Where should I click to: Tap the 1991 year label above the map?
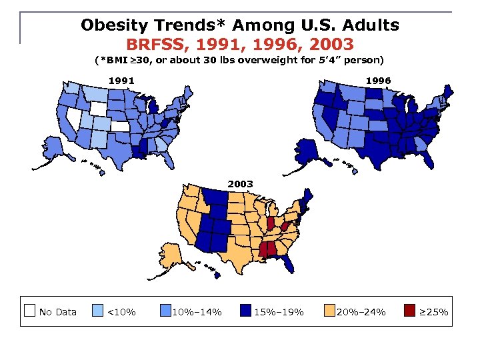pyautogui.click(x=121, y=81)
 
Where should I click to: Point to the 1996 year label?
pyautogui.click(x=377, y=81)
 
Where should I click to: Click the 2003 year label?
pyautogui.click(x=240, y=183)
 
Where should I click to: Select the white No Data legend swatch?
pyautogui.click(x=29, y=310)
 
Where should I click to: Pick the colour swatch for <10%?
pyautogui.click(x=97, y=310)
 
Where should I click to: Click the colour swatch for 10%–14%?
pyautogui.click(x=165, y=310)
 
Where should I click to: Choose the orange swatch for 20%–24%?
pyautogui.click(x=329, y=310)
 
